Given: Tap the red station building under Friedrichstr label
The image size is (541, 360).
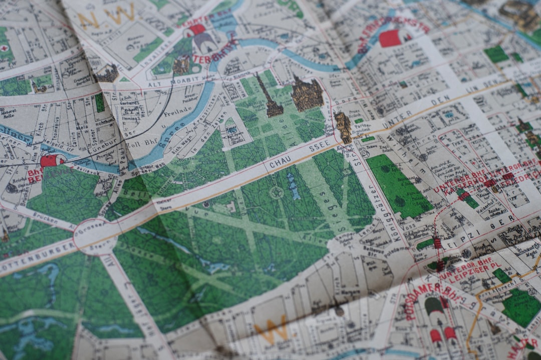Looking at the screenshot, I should click(x=391, y=38).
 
